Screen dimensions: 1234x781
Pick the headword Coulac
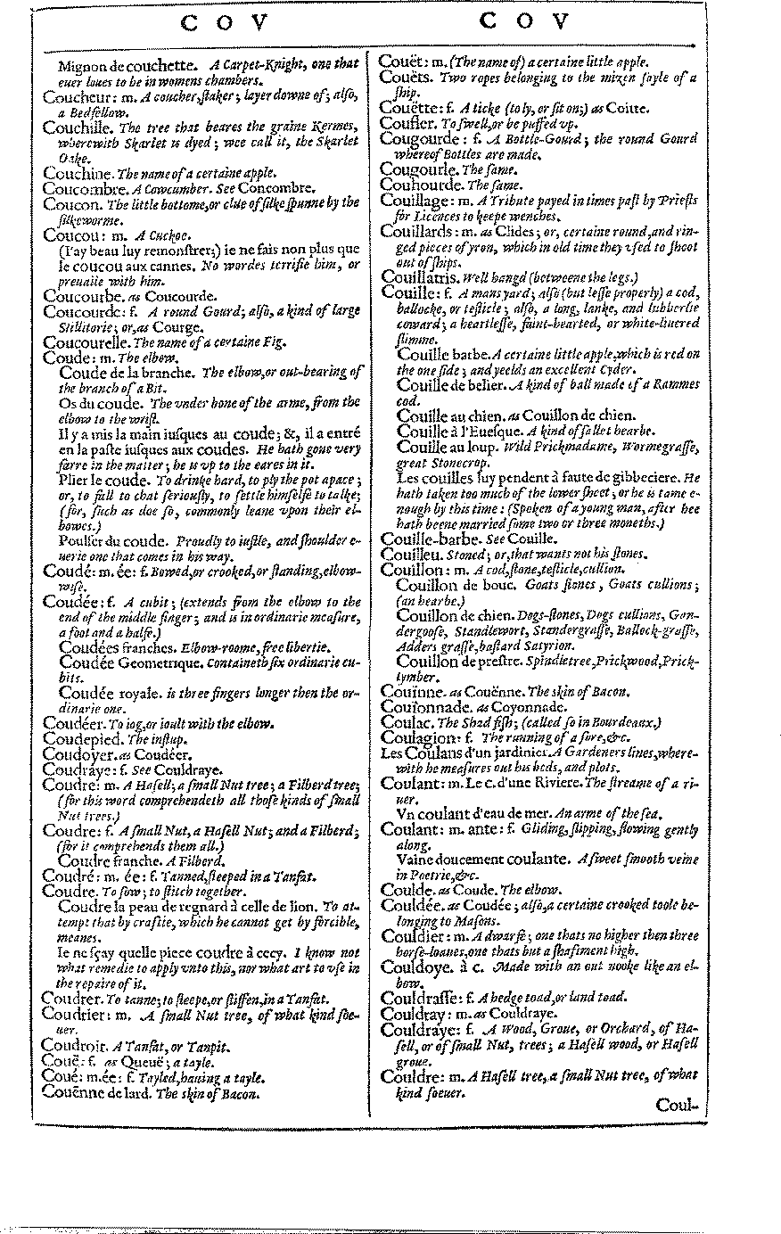click(x=404, y=722)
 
